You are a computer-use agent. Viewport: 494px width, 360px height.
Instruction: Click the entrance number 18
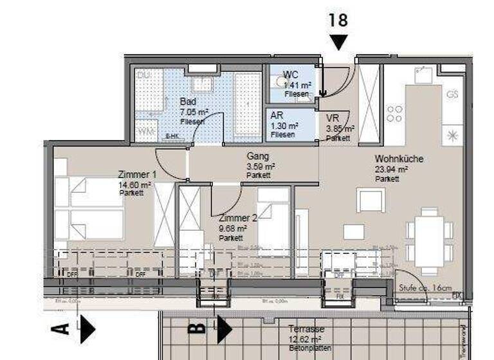click(x=338, y=20)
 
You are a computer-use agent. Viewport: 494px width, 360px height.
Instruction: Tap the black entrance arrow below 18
click(x=338, y=42)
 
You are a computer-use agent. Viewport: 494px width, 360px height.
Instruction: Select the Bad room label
click(x=188, y=102)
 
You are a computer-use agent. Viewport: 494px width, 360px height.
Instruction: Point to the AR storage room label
click(x=278, y=116)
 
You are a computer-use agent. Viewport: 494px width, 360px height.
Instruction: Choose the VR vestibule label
click(x=333, y=118)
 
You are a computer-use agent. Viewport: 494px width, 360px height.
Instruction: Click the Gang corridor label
click(x=257, y=156)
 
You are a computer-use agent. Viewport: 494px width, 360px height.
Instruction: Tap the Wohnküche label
click(x=399, y=159)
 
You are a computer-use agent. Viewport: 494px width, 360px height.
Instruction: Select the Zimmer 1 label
click(x=137, y=174)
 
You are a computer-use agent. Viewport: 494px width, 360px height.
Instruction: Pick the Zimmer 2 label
click(x=238, y=218)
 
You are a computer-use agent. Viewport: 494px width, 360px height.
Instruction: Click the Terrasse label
click(x=307, y=329)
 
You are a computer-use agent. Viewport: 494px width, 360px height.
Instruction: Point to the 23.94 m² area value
click(x=392, y=169)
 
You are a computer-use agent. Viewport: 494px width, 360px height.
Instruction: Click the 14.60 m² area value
click(x=134, y=184)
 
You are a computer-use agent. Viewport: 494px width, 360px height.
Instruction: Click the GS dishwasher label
click(x=452, y=94)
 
